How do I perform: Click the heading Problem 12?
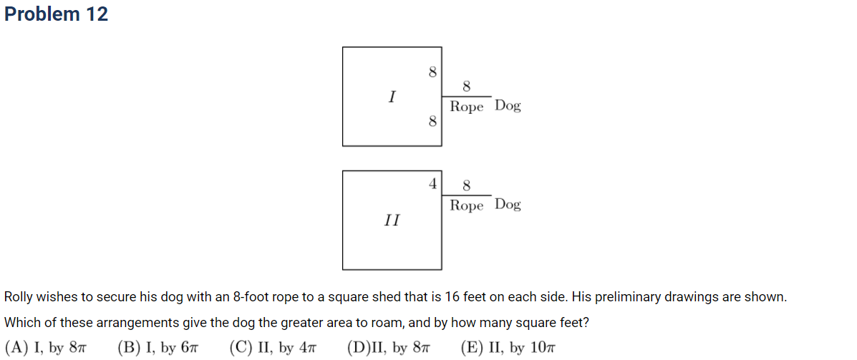click(x=56, y=14)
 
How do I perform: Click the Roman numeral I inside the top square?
click(x=392, y=97)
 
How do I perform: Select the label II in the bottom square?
click(x=392, y=220)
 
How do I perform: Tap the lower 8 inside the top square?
click(x=432, y=121)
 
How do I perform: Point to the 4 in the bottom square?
click(x=432, y=184)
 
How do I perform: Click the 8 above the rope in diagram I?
click(x=467, y=87)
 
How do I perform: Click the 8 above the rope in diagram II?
click(x=467, y=186)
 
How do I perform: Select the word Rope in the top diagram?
click(x=467, y=107)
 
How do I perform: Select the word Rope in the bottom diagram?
click(x=467, y=206)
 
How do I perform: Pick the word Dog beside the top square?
click(x=508, y=106)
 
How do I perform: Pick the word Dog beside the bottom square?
click(x=508, y=205)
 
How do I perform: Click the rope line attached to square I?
click(x=466, y=97)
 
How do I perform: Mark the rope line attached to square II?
click(x=466, y=195)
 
